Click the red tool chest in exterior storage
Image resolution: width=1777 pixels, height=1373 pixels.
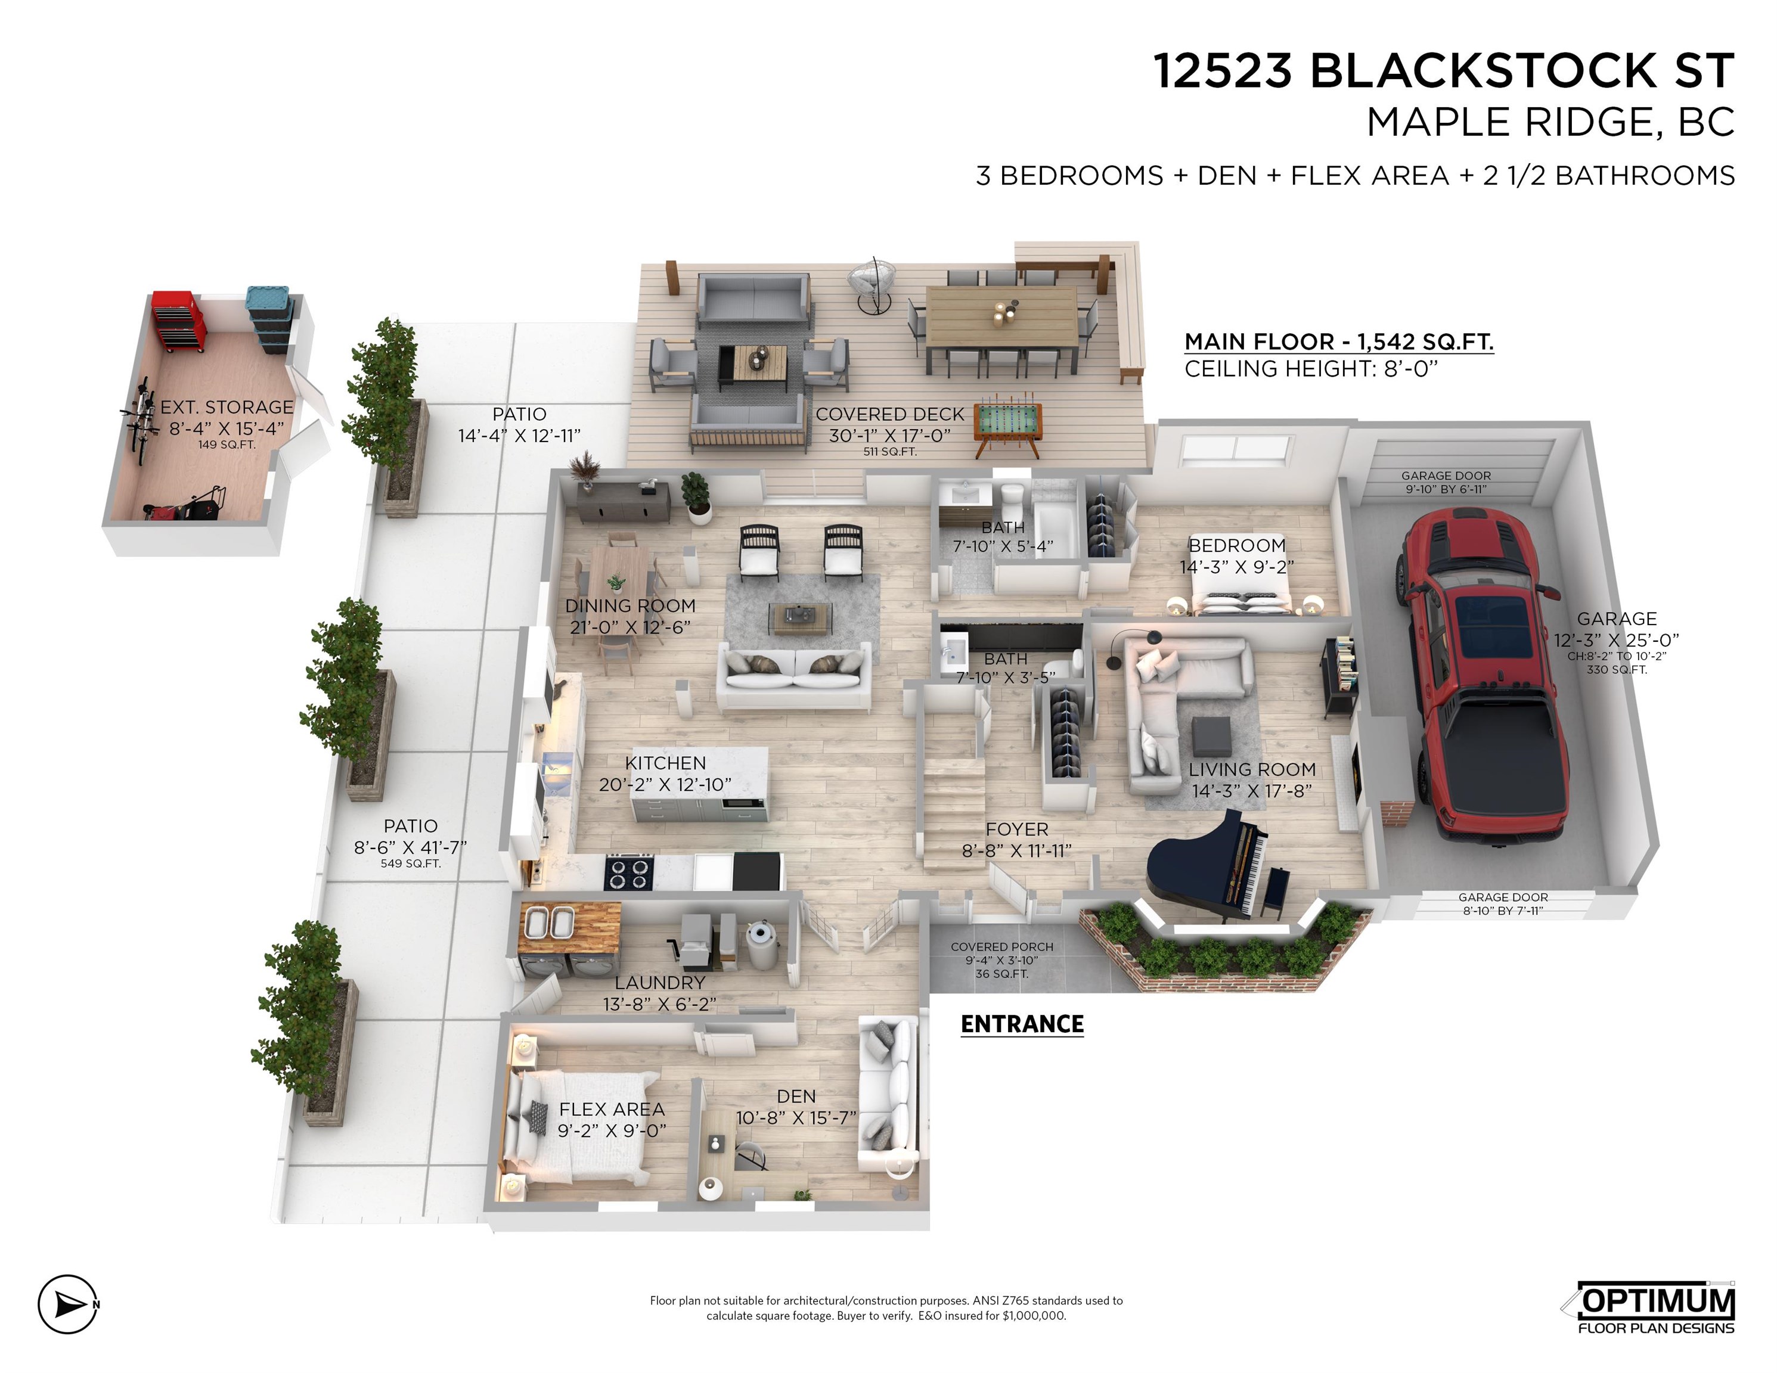point(178,321)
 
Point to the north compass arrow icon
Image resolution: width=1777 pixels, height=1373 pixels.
point(69,1304)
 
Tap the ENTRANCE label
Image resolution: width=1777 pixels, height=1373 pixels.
point(1022,1024)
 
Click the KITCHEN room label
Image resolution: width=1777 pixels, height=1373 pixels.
point(666,763)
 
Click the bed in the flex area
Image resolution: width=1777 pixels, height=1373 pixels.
point(579,1126)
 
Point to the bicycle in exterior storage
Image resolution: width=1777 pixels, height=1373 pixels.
point(140,418)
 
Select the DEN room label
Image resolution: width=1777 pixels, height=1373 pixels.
point(796,1096)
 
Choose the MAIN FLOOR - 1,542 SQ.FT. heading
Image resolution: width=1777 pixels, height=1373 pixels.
point(1338,341)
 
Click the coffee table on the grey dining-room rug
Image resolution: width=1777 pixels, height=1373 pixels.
point(802,617)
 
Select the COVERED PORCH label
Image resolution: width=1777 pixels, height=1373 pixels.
point(1001,947)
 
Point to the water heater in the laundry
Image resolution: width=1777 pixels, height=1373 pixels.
point(763,943)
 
